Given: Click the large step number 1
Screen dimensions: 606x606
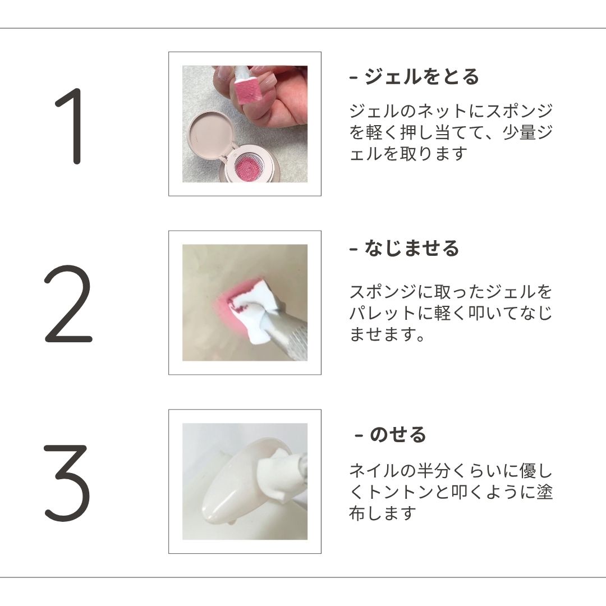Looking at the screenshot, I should click(73, 126).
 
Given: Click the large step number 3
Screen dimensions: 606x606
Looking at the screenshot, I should click(67, 483).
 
